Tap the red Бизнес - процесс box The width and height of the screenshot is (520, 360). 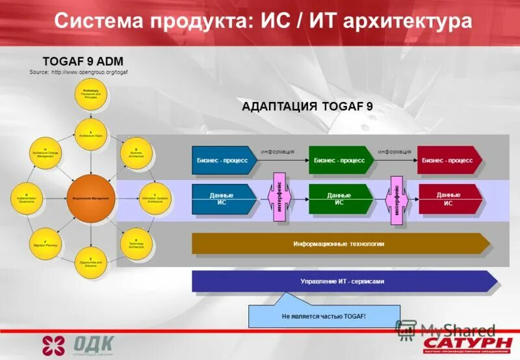448,160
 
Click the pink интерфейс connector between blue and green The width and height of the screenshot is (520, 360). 279,198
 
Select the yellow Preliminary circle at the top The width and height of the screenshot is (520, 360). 90,95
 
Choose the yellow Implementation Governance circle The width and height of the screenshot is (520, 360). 26,198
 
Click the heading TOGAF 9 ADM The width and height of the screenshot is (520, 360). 83,61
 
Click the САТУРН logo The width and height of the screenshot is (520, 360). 467,342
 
